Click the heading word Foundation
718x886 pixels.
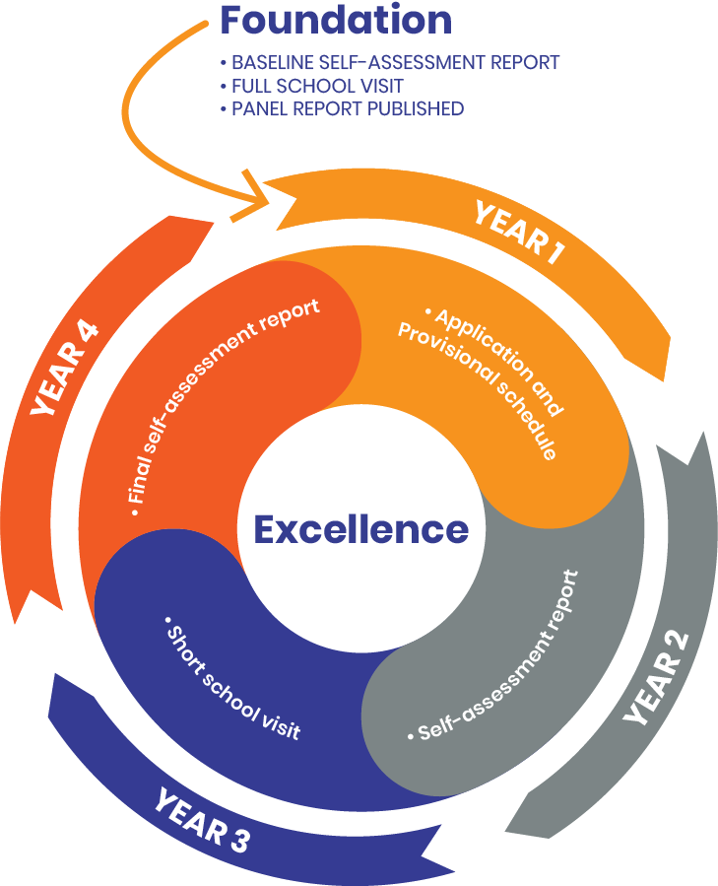point(336,21)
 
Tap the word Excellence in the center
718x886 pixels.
point(360,529)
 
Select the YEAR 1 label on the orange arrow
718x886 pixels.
point(518,233)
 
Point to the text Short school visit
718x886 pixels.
point(232,680)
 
